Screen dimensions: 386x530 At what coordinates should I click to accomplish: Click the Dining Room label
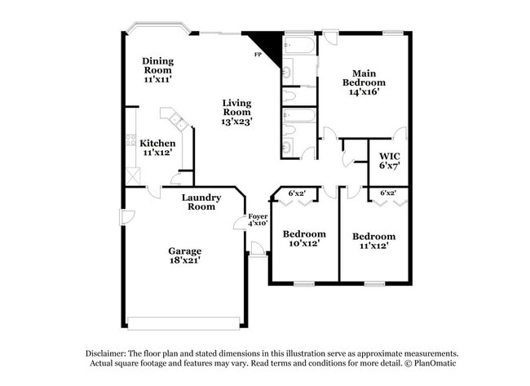157,70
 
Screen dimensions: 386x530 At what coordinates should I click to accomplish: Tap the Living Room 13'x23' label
236,112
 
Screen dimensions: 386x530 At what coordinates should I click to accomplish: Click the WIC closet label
388,159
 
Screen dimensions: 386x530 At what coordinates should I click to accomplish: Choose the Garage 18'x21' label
185,255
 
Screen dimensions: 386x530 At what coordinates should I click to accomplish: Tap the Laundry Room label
200,202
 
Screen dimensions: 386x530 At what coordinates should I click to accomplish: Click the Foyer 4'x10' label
258,220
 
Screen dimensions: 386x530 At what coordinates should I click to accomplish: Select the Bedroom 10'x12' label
303,237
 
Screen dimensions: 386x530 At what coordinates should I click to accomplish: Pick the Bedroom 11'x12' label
373,241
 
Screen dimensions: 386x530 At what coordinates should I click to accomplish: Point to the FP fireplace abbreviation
258,55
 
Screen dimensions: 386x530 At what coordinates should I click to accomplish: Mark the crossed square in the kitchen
133,174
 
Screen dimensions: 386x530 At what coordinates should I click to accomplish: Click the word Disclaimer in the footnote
108,352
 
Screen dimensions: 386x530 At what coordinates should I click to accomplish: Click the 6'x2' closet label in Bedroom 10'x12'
297,193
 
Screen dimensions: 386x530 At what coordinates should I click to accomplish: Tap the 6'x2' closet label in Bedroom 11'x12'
388,193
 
